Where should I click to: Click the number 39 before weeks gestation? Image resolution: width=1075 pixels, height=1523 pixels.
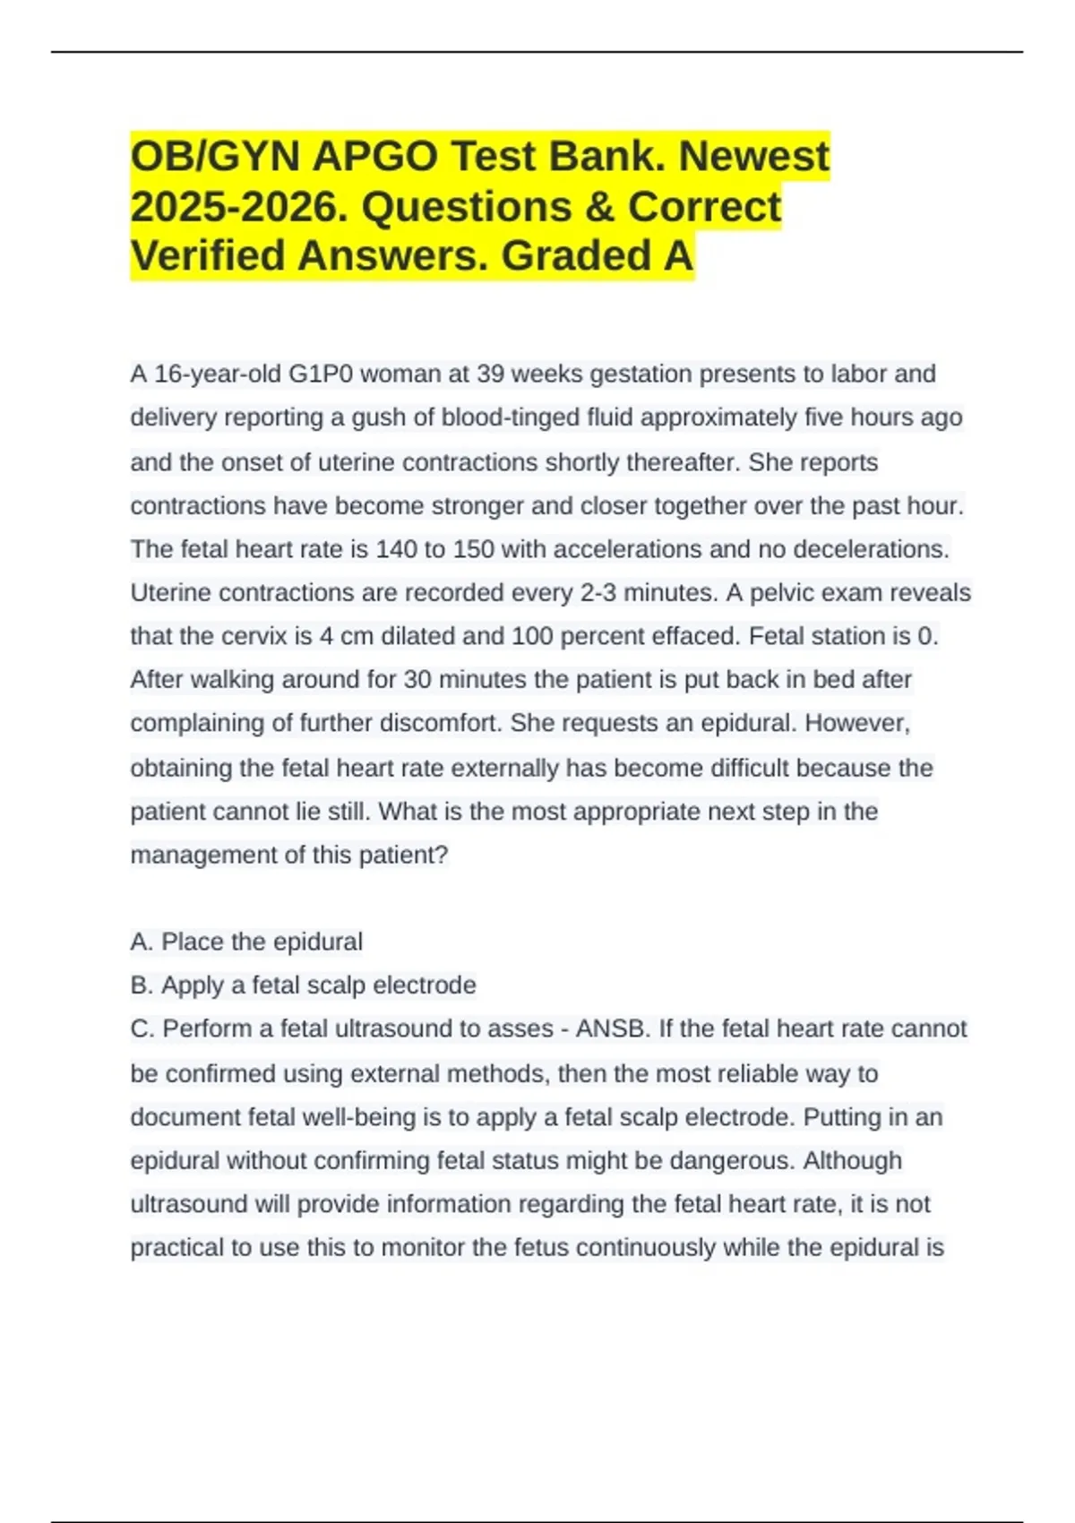(490, 374)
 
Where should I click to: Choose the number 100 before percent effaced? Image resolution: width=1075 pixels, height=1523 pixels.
(534, 636)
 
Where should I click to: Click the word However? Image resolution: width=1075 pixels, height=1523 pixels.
(857, 723)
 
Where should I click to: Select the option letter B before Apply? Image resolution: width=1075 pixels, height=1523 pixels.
(141, 985)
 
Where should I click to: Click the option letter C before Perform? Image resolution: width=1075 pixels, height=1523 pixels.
(142, 1028)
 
